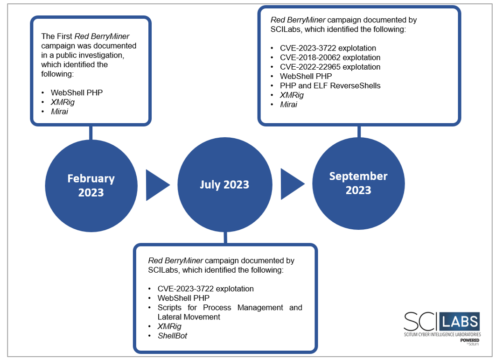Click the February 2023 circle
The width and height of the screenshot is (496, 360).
click(91, 186)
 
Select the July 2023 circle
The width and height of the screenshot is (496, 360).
click(225, 184)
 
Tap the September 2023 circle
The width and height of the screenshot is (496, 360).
click(358, 184)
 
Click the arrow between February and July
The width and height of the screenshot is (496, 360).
click(158, 185)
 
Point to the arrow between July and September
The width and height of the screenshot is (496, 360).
click(293, 184)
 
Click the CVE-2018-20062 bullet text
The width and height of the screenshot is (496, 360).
click(330, 57)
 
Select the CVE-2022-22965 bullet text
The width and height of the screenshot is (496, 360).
click(330, 67)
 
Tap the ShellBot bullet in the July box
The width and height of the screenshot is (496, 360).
click(172, 336)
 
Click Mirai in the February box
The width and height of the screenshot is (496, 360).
click(59, 112)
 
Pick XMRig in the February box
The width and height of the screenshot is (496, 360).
click(63, 102)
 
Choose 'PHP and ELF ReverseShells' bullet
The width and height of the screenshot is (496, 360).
click(330, 86)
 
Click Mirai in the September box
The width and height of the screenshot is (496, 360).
click(288, 105)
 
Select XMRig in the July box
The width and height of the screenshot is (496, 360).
click(169, 326)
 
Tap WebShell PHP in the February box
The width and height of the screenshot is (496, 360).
click(77, 93)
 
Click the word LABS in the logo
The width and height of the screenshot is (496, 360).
click(460, 322)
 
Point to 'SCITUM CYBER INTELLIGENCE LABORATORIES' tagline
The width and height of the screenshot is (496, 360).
click(442, 334)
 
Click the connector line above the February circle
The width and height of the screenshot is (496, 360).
click(91, 133)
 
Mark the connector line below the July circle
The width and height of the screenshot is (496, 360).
click(225, 238)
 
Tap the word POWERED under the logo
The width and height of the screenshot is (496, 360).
click(470, 340)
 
